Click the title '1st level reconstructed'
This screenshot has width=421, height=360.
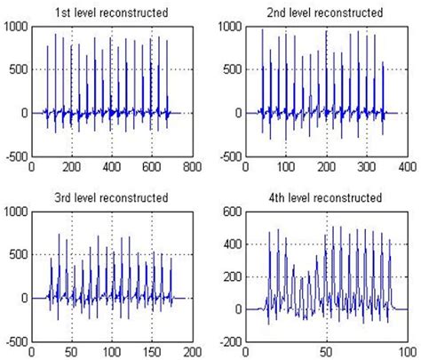click(112, 12)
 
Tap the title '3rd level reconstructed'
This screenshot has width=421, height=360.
click(112, 196)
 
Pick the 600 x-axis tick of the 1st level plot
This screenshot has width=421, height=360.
click(152, 166)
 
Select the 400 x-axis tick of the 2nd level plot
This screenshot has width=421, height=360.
click(407, 166)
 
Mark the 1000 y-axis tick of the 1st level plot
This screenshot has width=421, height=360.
click(16, 27)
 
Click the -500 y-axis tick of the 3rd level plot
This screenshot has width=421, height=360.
click(16, 341)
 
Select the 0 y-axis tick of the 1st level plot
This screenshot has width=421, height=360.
click(25, 114)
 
